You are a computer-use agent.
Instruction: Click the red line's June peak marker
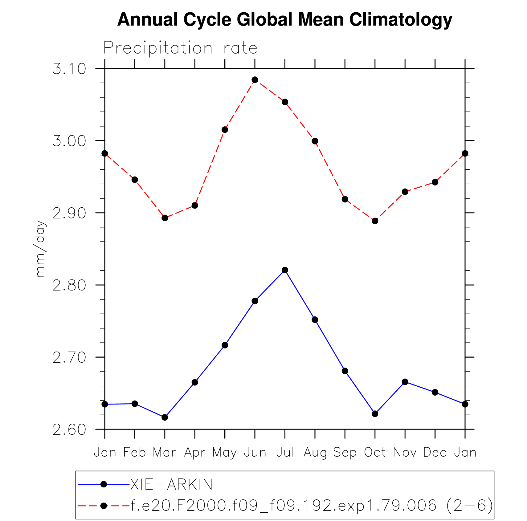tap(255, 80)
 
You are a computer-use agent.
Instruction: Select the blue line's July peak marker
tap(285, 270)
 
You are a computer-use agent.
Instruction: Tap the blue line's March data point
tap(165, 417)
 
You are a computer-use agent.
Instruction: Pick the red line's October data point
tap(375, 221)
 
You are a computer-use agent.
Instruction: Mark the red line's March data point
tap(165, 218)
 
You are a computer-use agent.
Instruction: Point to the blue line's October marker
tap(375, 413)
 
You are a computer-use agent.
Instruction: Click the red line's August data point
tap(315, 141)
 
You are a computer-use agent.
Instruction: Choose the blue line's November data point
tap(405, 382)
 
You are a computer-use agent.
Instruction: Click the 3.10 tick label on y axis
tap(69, 69)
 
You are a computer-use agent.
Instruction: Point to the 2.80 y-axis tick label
tap(69, 285)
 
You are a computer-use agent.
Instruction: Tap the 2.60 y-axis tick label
tap(69, 430)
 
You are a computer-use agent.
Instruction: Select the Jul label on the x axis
tap(285, 452)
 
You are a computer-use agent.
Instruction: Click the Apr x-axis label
tap(195, 452)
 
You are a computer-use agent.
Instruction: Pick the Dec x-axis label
tap(435, 452)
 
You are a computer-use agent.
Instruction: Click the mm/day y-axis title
tap(40, 249)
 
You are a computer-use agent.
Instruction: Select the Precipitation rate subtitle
tap(180, 48)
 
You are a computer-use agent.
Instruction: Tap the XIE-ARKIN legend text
tap(171, 484)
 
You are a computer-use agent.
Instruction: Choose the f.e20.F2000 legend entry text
tap(311, 506)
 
